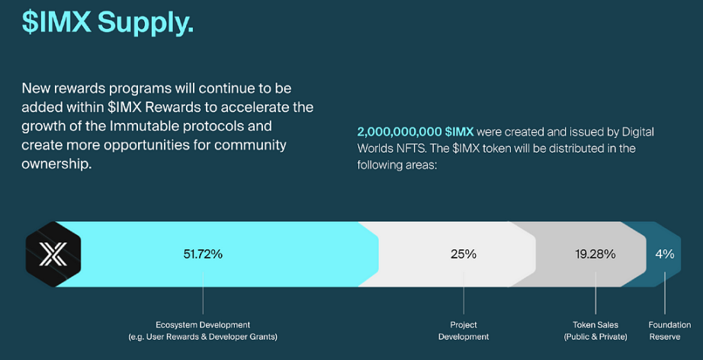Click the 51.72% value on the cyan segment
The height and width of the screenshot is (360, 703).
pyautogui.click(x=203, y=254)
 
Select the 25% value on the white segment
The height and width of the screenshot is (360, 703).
pyautogui.click(x=464, y=254)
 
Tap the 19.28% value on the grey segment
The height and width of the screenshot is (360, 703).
pyautogui.click(x=595, y=254)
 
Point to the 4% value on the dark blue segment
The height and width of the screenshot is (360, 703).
pyautogui.click(x=664, y=254)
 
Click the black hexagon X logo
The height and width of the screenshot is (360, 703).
pyautogui.click(x=53, y=254)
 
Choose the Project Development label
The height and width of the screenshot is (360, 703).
pyautogui.click(x=464, y=331)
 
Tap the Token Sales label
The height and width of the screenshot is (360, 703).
pyautogui.click(x=595, y=325)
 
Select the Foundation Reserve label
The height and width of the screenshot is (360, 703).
pyautogui.click(x=669, y=331)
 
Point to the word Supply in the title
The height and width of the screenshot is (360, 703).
pyautogui.click(x=146, y=22)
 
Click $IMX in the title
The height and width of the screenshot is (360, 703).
pyautogui.click(x=56, y=21)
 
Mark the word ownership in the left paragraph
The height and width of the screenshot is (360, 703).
pyautogui.click(x=56, y=165)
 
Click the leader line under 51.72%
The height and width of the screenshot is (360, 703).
pyautogui.click(x=203, y=293)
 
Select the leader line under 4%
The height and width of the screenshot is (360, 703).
pyautogui.click(x=664, y=293)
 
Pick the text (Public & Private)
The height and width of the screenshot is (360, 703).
pyautogui.click(x=595, y=336)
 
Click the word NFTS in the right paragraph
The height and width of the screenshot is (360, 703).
pyautogui.click(x=408, y=149)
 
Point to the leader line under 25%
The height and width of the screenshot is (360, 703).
pyautogui.click(x=464, y=293)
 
